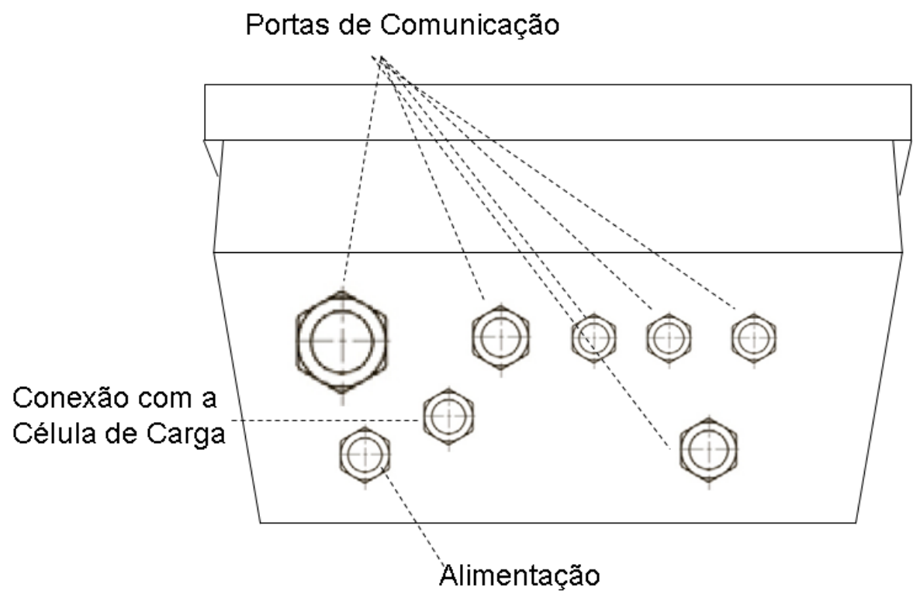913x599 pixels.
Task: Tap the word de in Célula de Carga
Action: point(120,434)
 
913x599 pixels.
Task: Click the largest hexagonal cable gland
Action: point(341,341)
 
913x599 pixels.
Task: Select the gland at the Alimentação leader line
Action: point(365,455)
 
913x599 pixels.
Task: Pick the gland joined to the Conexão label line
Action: point(448,417)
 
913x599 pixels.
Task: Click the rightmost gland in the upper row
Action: point(754,338)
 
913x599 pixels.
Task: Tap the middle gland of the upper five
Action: point(594,338)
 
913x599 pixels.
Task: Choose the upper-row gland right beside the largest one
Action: point(501,337)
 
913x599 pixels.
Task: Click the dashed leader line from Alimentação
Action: point(413,516)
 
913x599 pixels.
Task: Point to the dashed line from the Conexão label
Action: point(325,420)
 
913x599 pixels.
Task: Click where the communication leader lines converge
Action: point(379,57)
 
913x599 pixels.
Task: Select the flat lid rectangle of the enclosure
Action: point(558,113)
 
